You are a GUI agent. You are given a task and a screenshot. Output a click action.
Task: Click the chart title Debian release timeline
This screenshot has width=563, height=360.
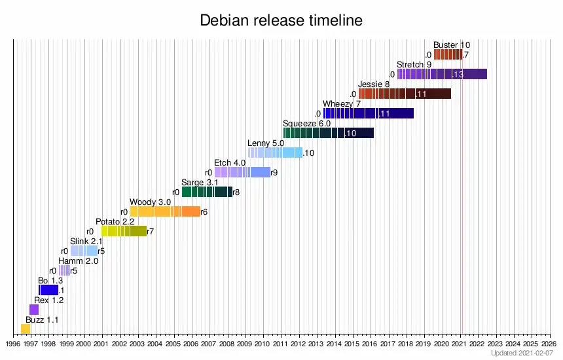pyautogui.click(x=281, y=21)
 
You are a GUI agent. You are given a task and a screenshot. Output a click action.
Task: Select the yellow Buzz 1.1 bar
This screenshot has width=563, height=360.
pyautogui.click(x=26, y=329)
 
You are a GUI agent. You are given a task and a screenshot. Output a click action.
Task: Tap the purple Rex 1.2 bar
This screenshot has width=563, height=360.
pyautogui.click(x=34, y=310)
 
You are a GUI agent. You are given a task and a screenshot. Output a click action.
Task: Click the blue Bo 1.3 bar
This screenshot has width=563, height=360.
pyautogui.click(x=48, y=290)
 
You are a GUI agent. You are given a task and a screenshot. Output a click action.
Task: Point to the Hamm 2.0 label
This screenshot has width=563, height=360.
pyautogui.click(x=78, y=261)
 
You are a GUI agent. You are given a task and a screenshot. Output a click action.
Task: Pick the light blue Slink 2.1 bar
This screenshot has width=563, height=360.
pyautogui.click(x=84, y=251)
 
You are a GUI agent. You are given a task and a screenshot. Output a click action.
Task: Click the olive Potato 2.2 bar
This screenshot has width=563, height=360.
pyautogui.click(x=124, y=231)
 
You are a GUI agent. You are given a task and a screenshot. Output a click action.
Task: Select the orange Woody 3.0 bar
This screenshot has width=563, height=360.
pyautogui.click(x=165, y=211)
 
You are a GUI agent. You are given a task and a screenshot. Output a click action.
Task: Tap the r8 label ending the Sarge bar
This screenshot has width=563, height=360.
pyautogui.click(x=236, y=192)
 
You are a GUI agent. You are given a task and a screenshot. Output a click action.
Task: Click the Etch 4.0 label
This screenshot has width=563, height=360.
pyautogui.click(x=230, y=162)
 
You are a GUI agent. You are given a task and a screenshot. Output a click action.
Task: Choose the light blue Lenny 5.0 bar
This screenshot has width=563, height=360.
pyautogui.click(x=275, y=153)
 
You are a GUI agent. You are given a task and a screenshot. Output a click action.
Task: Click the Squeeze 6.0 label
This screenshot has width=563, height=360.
pyautogui.click(x=306, y=123)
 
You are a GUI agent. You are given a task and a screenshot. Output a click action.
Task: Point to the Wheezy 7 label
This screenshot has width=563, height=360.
pyautogui.click(x=342, y=103)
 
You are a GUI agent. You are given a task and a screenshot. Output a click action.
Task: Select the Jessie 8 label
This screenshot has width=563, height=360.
pyautogui.click(x=374, y=84)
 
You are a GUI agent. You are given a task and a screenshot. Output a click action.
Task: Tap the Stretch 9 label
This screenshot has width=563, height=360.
pyautogui.click(x=414, y=64)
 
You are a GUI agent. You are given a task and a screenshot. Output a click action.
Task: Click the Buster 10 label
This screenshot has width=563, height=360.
pyautogui.click(x=452, y=45)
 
